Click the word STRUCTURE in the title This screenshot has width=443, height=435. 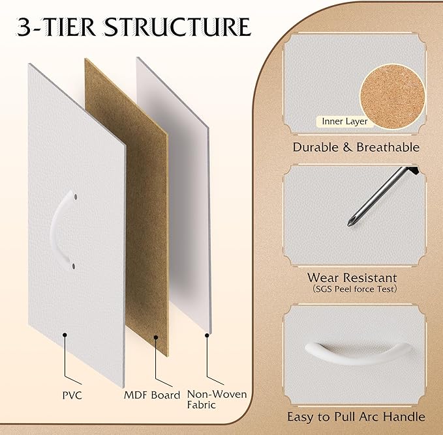coord(177,27)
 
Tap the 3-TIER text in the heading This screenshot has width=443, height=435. coord(57,27)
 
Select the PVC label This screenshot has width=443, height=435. coord(72,395)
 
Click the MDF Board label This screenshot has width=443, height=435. coord(152,395)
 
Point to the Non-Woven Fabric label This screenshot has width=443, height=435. coord(217,399)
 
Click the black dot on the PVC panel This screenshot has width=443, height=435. coord(65,335)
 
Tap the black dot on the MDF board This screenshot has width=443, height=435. coord(156,337)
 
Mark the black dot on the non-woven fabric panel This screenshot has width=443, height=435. coord(207,335)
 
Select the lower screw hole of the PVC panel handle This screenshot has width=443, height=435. coord(73,266)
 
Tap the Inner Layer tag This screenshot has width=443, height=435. coord(344,122)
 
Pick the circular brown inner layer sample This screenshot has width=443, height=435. coord(392,96)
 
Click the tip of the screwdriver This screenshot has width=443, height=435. coord(348,225)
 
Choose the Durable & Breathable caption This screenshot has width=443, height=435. coord(356,147)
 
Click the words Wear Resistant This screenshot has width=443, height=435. coord(352,277)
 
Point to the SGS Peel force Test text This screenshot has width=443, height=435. coord(355,289)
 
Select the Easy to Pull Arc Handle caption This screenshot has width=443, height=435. coord(356,417)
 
